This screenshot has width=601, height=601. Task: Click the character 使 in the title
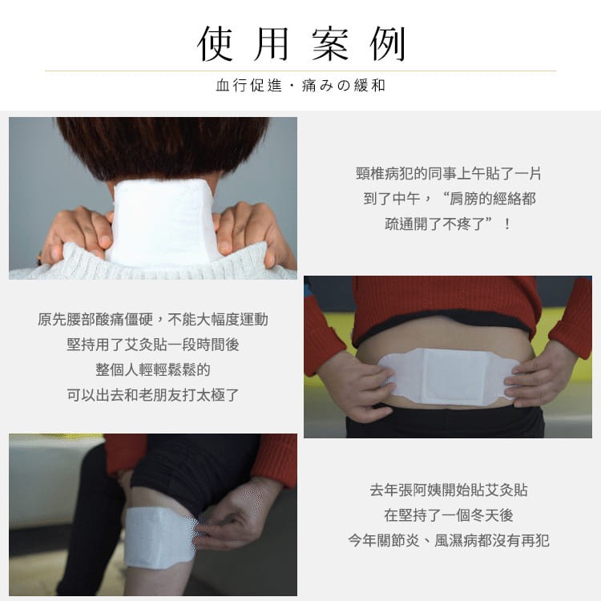pyautogui.click(x=216, y=44)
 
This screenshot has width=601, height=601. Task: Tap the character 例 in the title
pyautogui.click(x=388, y=44)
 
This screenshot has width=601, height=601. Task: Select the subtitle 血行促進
pyautogui.click(x=248, y=85)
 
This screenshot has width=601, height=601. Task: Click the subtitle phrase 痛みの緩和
pyautogui.click(x=344, y=85)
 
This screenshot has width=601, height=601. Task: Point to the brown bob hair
pyautogui.click(x=163, y=150)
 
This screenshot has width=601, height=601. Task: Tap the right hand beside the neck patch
pyautogui.click(x=253, y=235)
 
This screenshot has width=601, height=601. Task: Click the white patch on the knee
pyautogui.click(x=159, y=537)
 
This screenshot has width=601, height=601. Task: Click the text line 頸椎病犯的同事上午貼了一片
pyautogui.click(x=448, y=174)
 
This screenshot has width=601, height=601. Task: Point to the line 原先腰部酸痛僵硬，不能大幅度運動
pyautogui.click(x=153, y=319)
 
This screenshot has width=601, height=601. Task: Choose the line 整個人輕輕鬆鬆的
pyautogui.click(x=153, y=370)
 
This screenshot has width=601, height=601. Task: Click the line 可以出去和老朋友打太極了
pyautogui.click(x=153, y=395)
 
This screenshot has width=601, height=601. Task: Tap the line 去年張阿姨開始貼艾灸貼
pyautogui.click(x=449, y=490)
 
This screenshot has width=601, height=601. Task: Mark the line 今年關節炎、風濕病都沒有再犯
pyautogui.click(x=449, y=540)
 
